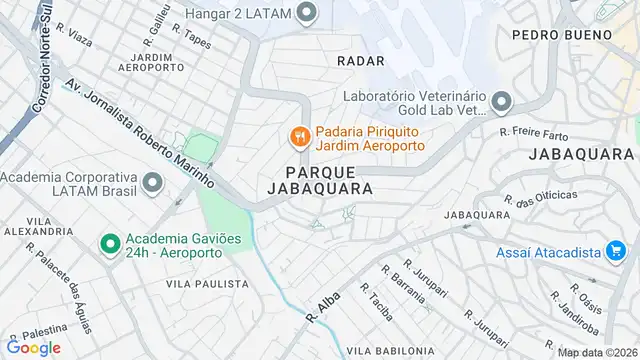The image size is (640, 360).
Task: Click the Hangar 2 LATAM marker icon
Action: [308, 13]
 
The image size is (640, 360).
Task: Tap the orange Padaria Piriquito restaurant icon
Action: [298, 135]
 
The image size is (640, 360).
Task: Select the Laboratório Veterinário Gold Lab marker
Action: [501, 102]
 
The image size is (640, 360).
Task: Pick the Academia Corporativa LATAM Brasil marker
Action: [152, 183]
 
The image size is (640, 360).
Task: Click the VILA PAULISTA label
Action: [207, 284]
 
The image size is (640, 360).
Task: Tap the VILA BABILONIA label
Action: [390, 351]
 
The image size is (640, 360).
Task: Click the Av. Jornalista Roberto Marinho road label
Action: [140, 134]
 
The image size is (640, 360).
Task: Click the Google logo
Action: [34, 347]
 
